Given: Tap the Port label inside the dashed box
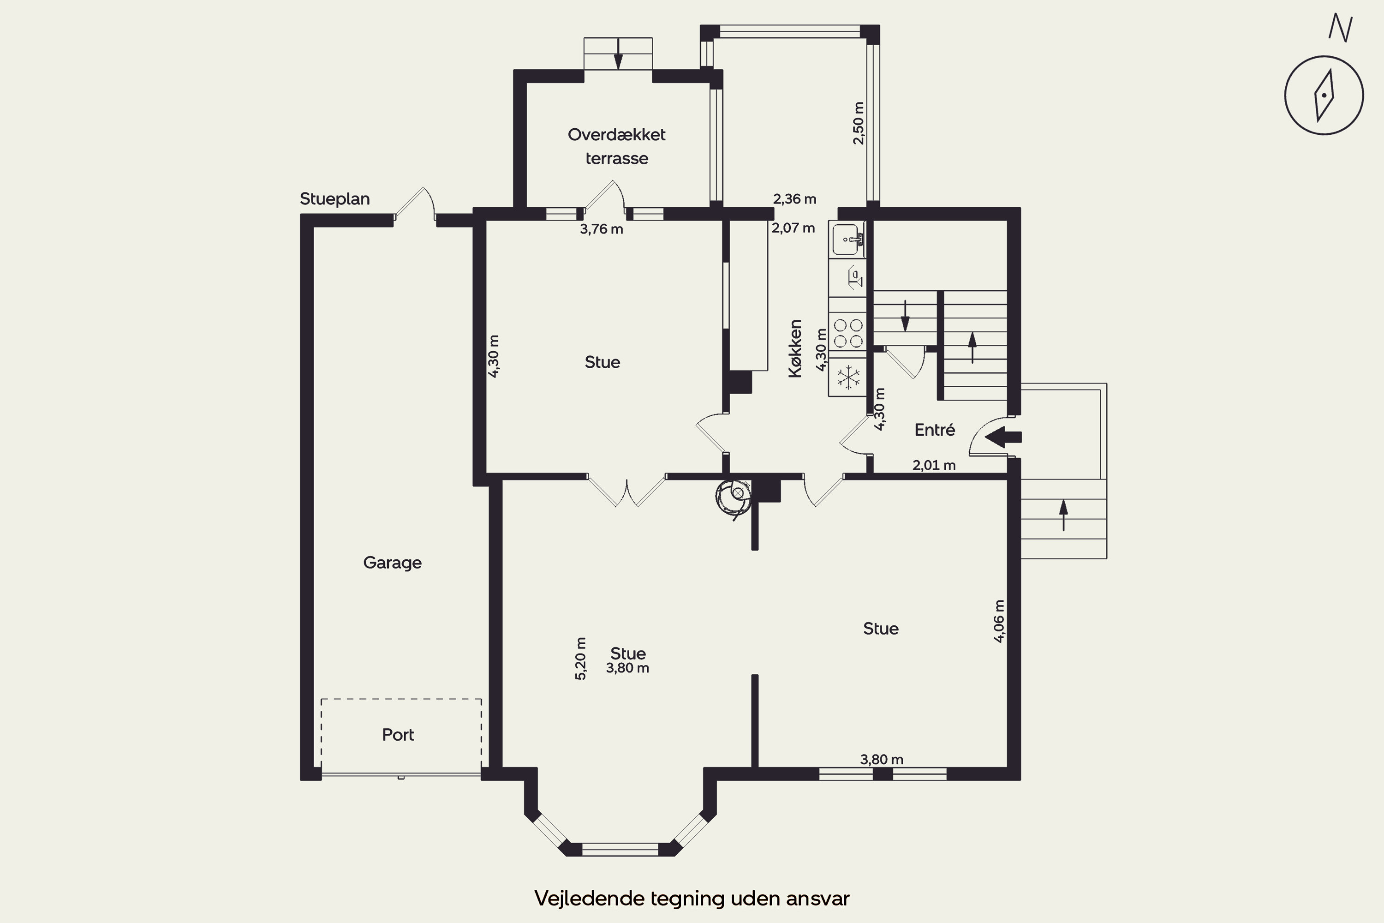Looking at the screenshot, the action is click(399, 735).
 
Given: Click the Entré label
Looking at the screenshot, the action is click(935, 430).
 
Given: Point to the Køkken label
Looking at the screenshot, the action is click(795, 348).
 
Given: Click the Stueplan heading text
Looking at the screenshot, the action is click(335, 199).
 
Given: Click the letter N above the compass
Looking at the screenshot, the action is click(1341, 28).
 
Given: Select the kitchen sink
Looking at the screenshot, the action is click(847, 240).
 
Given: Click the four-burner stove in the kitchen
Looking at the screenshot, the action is click(848, 333).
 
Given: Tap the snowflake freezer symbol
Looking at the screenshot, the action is click(848, 378).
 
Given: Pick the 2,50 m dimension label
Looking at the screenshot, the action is click(859, 123).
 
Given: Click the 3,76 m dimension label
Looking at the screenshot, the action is click(602, 229).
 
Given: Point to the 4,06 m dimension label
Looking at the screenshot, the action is click(999, 621).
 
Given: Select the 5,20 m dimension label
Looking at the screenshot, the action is click(581, 659).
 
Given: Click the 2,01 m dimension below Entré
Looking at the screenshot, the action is click(934, 465).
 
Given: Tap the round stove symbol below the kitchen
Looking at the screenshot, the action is click(734, 496).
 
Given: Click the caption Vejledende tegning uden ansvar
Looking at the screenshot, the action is click(692, 898).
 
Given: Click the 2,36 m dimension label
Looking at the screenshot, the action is click(794, 199).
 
